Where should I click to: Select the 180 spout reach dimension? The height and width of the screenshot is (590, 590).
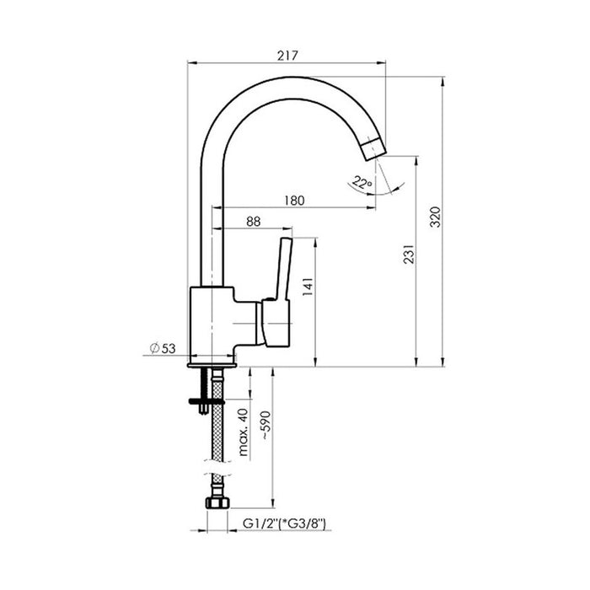pos(294,201)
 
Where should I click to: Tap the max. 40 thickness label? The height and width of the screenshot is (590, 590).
pos(241,432)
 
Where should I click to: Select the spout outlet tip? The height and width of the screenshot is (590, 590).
pos(371,150)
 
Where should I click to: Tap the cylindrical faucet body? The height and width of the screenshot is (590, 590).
pos(215,324)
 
